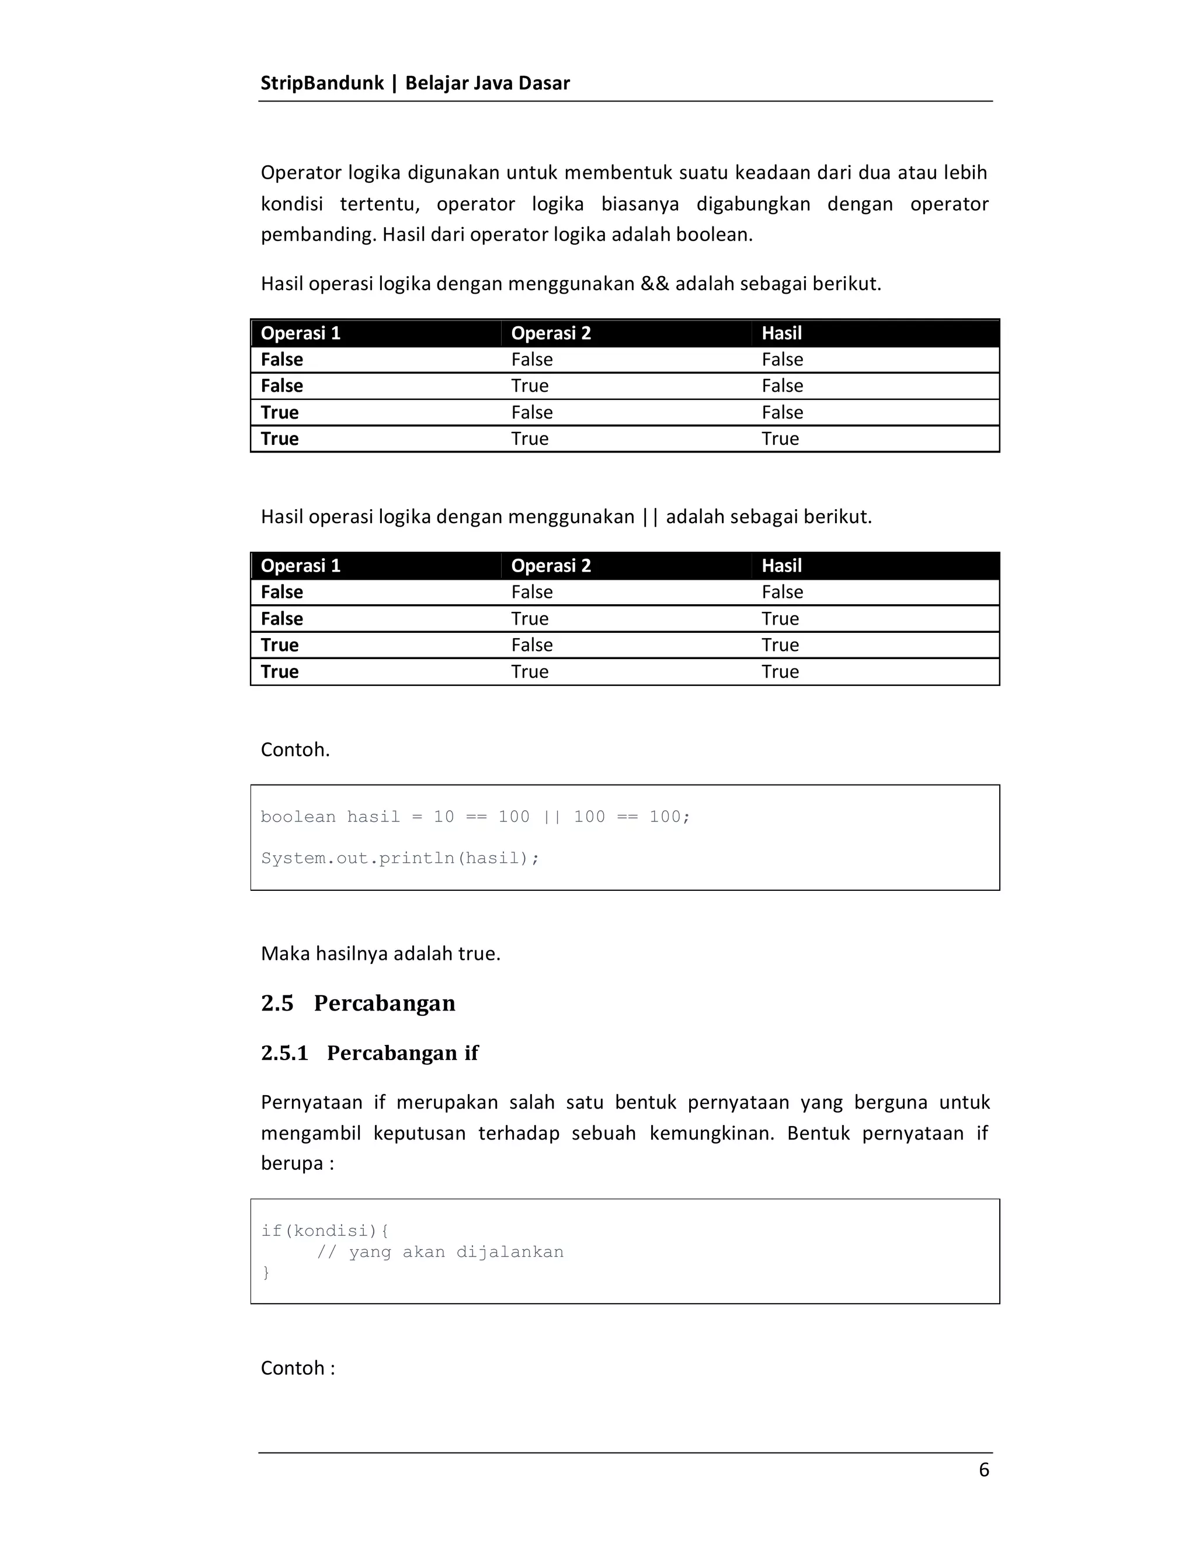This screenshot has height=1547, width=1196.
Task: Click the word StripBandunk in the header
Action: (322, 83)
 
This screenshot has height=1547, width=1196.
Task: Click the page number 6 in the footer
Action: (983, 1470)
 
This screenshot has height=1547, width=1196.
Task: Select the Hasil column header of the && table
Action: (781, 333)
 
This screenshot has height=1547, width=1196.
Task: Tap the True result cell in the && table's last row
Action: (780, 438)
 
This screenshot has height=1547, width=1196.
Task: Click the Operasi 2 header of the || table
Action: (551, 566)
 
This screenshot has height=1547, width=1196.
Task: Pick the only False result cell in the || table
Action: (781, 592)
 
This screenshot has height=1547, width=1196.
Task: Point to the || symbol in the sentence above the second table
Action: (650, 517)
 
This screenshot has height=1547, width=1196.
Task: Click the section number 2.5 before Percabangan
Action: (277, 1003)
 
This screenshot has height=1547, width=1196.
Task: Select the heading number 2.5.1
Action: (284, 1053)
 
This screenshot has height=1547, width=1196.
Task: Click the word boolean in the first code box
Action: (298, 817)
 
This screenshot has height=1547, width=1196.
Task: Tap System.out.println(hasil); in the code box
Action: (399, 859)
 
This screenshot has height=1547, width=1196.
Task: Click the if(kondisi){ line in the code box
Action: (325, 1231)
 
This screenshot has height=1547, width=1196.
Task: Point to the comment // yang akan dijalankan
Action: (439, 1252)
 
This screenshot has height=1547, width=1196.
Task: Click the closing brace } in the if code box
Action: (266, 1272)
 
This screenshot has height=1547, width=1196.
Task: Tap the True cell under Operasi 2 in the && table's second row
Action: (529, 386)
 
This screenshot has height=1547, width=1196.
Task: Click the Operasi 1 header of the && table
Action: (300, 333)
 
